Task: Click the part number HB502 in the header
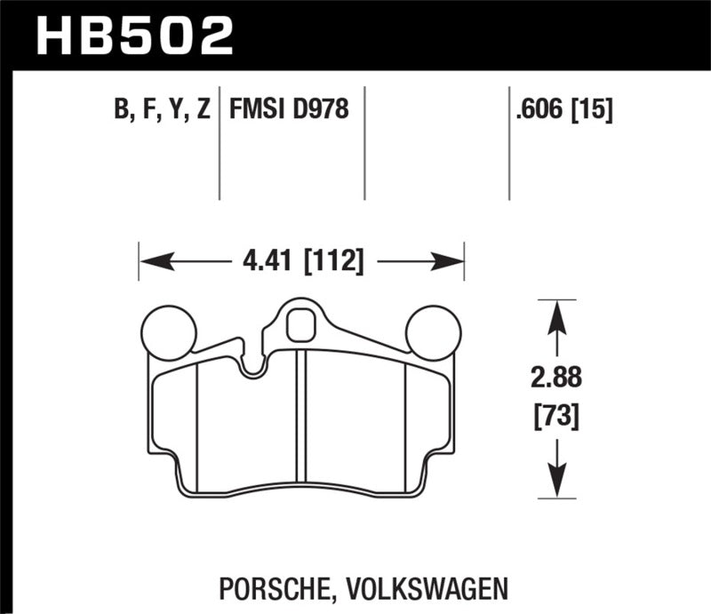click(x=133, y=35)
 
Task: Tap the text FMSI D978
click(x=289, y=110)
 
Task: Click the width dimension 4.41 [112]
click(x=302, y=262)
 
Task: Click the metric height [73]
click(x=556, y=414)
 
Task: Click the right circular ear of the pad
click(x=433, y=331)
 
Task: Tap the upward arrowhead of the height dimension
click(x=556, y=311)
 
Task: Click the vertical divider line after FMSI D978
click(x=366, y=142)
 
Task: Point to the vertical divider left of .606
click(x=508, y=142)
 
